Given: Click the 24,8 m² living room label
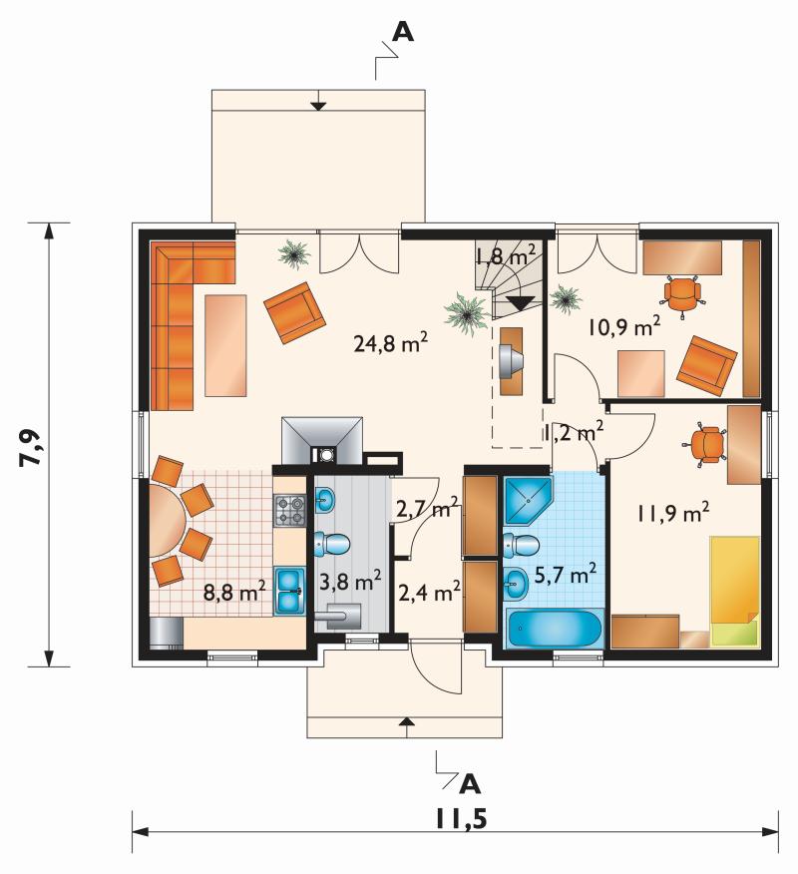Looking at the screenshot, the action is (391, 343).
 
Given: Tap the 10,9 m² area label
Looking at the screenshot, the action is (624, 326).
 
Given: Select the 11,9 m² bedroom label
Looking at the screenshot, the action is (673, 512).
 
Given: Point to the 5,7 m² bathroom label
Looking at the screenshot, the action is (565, 574).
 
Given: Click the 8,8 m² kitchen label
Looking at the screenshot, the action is (233, 592).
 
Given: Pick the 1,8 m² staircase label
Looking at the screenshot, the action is (506, 256).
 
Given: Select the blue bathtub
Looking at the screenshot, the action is (554, 629).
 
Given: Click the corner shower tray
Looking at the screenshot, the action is (527, 500).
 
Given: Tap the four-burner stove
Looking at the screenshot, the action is (290, 511).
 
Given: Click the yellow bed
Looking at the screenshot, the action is (735, 591).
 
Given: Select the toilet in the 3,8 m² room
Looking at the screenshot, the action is (332, 544).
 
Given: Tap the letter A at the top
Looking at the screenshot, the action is (403, 32).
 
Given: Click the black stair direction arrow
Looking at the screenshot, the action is (520, 302).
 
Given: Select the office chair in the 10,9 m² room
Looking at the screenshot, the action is (683, 292).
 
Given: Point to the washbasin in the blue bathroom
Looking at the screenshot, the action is (516, 583).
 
